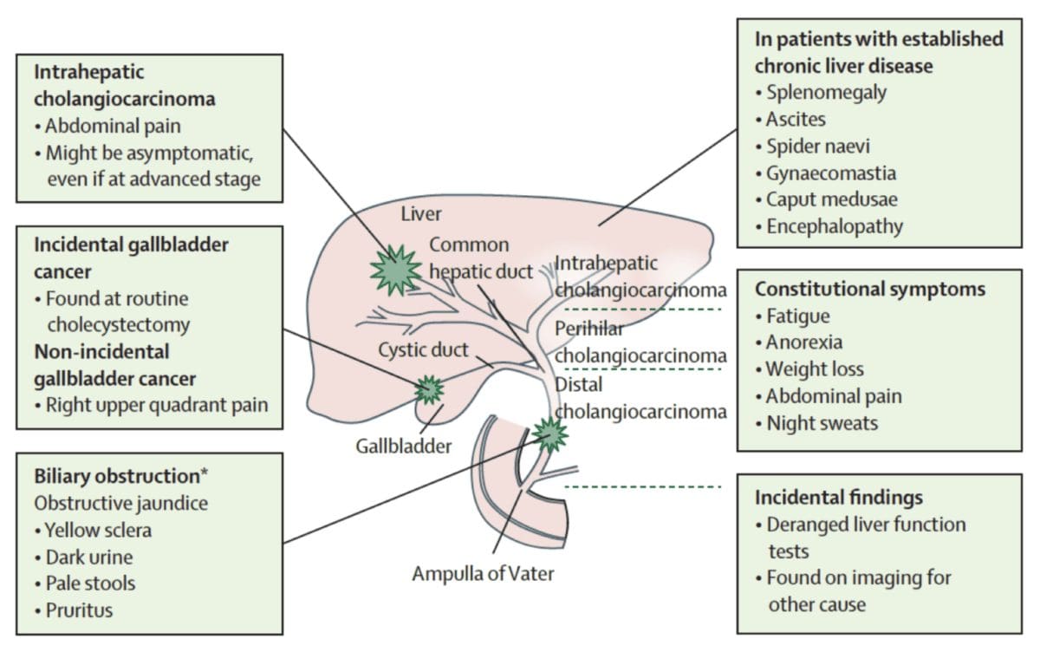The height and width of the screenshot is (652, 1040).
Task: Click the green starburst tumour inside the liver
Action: [x=395, y=270]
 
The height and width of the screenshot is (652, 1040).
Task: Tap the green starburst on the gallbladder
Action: [x=428, y=390]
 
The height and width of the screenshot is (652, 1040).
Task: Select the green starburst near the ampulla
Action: [x=549, y=434]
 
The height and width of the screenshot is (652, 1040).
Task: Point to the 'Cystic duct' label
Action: [x=423, y=350]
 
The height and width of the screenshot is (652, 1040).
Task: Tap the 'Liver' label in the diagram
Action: [x=421, y=213]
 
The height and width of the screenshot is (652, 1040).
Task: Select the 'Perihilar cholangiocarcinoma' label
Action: [x=640, y=342]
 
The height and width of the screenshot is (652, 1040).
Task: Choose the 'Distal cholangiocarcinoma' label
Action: [x=640, y=398]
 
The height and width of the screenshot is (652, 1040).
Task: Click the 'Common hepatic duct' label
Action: [x=480, y=258]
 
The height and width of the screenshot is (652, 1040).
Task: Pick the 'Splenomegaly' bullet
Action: [x=825, y=91]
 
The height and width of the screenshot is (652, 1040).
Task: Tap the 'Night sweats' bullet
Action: [x=821, y=423]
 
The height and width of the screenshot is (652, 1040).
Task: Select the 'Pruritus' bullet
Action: [x=78, y=610]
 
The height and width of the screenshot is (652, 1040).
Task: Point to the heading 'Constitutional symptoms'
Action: [x=869, y=289]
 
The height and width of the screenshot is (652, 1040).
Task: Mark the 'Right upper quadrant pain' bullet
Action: [x=156, y=404]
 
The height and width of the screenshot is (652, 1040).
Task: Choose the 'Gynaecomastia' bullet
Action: [x=830, y=173]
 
